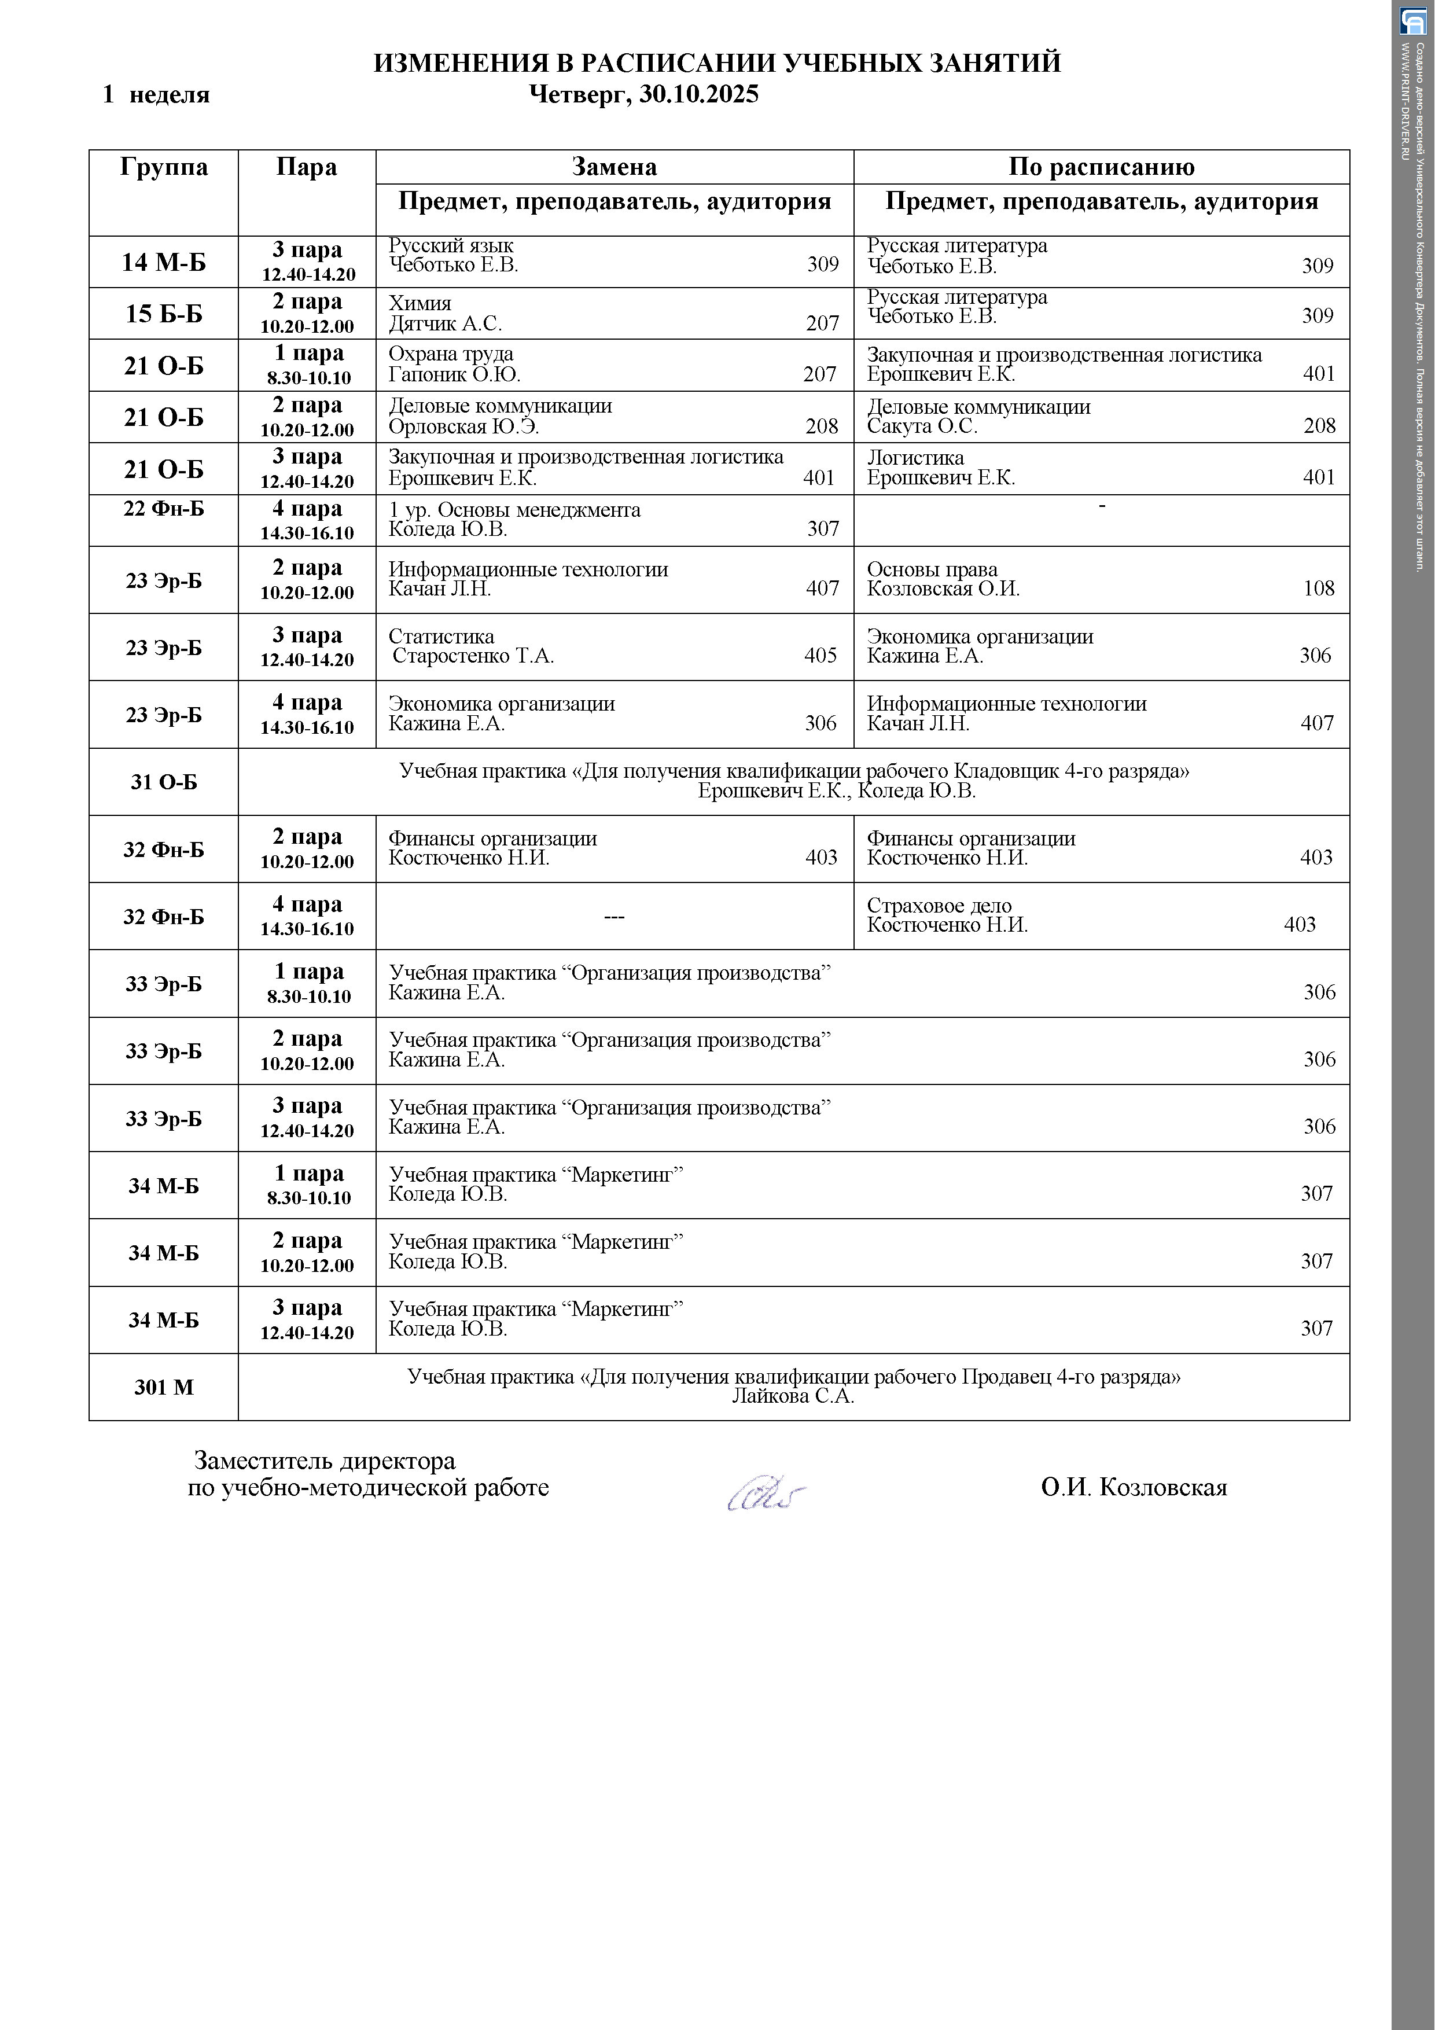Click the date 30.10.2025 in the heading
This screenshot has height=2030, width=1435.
tap(698, 94)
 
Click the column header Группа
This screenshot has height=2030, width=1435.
tap(164, 167)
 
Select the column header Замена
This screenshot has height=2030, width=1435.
tap(615, 167)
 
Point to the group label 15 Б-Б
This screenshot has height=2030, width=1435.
tap(164, 314)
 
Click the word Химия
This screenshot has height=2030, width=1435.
tap(420, 303)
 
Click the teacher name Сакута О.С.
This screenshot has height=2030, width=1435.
tap(922, 426)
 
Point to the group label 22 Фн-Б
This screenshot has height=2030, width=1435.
tap(164, 509)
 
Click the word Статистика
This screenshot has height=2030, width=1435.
tap(441, 637)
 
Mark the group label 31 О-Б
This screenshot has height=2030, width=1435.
tap(164, 782)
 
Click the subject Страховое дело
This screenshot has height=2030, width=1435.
tap(939, 906)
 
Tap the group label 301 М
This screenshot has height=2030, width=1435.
tap(164, 1387)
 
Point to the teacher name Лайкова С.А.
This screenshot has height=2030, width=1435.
tap(793, 1397)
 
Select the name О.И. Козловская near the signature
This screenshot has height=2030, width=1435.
tap(1134, 1488)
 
